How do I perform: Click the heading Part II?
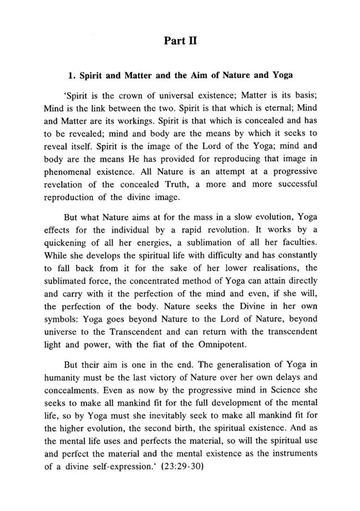click(180, 41)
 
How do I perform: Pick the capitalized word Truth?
click(174, 184)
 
